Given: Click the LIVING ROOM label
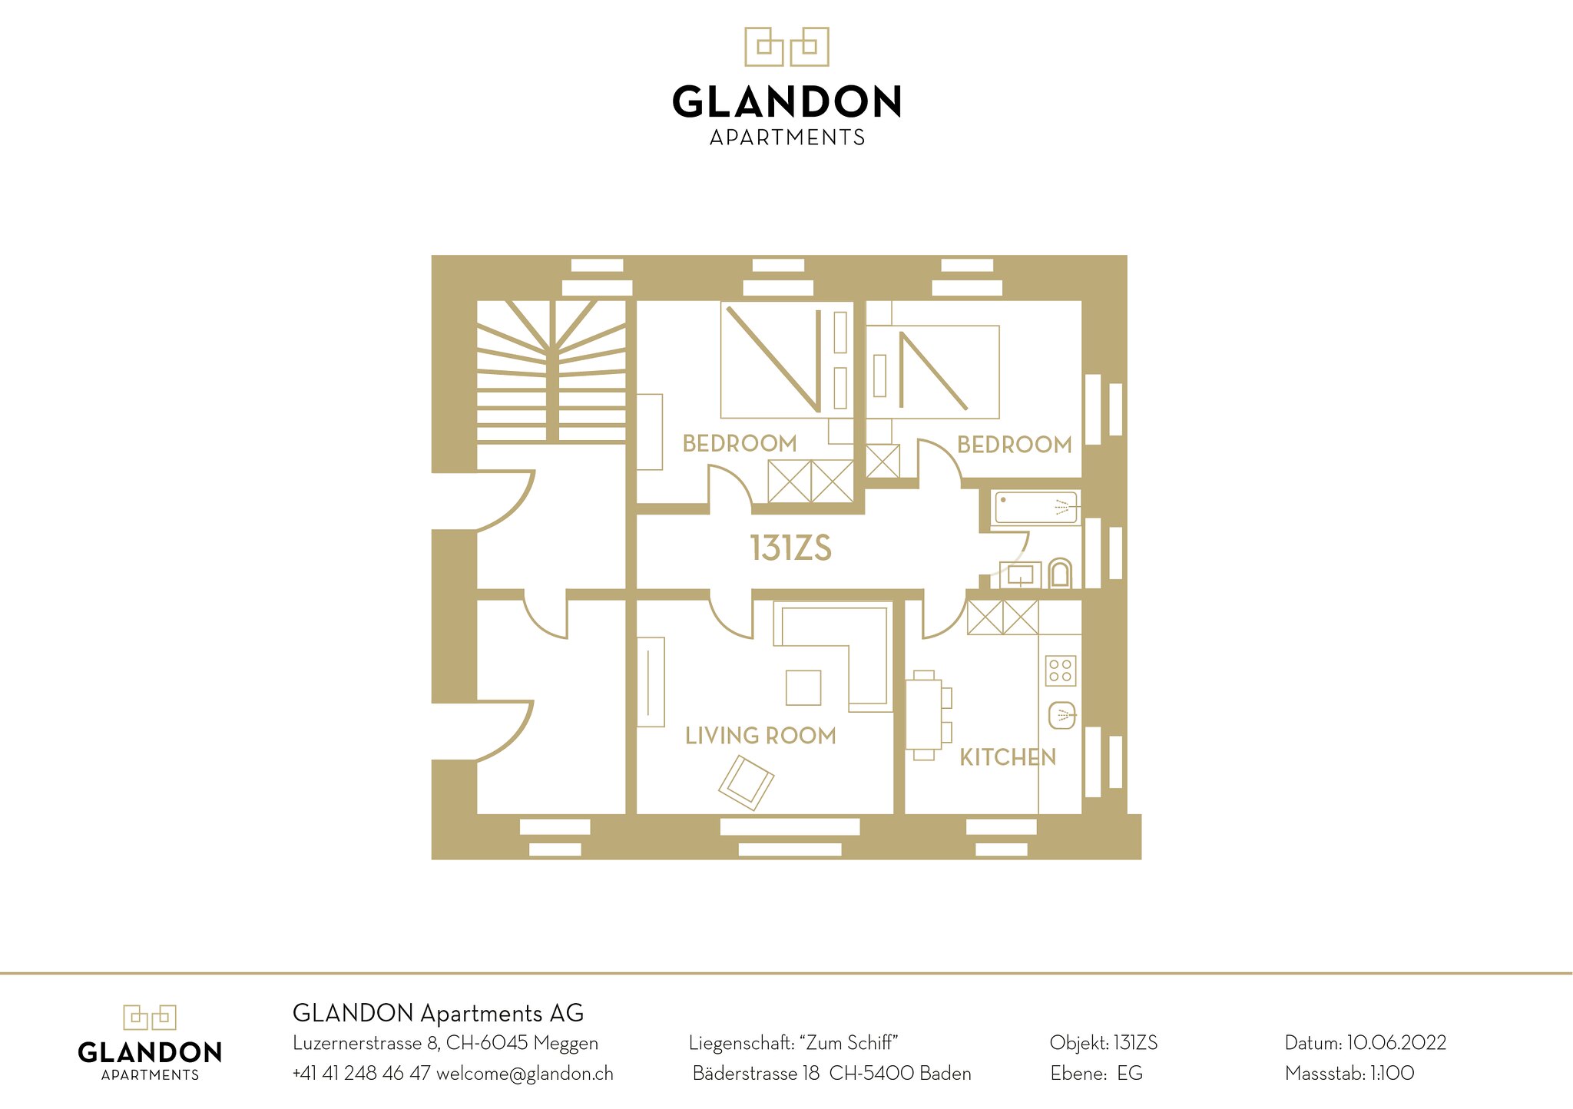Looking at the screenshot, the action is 760,736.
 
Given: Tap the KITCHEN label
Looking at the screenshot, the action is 1008,757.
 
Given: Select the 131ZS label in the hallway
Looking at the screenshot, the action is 790,548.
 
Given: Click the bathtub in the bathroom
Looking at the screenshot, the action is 1036,508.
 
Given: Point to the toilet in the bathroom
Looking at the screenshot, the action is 1060,573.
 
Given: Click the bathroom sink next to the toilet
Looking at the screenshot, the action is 1020,574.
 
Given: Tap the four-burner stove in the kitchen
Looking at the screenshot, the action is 1061,670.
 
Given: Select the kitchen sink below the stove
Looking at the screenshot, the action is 1062,716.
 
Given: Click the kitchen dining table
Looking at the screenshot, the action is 925,714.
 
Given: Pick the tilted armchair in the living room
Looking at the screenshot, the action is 747,783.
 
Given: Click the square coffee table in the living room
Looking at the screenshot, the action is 803,687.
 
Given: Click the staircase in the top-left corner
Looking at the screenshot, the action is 551,372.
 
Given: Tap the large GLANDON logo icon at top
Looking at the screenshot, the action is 786,47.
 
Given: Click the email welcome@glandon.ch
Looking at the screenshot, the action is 525,1074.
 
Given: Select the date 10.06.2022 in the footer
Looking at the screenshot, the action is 1396,1043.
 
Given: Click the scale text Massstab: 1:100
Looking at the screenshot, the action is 1349,1073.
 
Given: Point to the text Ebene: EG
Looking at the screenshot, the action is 1096,1073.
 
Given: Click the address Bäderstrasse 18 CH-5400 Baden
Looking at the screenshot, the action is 832,1073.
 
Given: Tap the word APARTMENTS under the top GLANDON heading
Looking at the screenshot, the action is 787,137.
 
